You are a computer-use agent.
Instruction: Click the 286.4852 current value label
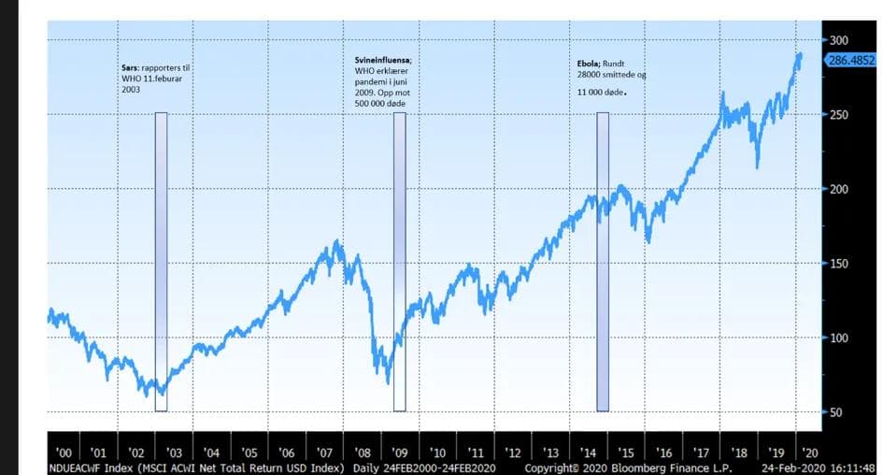pyautogui.click(x=852, y=59)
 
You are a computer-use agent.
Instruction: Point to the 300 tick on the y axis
pyautogui.click(x=837, y=40)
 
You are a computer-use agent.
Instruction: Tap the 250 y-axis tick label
pyautogui.click(x=837, y=114)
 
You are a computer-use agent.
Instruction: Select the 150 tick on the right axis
pyautogui.click(x=837, y=264)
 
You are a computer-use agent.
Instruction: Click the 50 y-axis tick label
pyautogui.click(x=834, y=412)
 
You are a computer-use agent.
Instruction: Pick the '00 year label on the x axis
pyautogui.click(x=64, y=452)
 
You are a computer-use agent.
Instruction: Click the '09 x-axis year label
pyautogui.click(x=400, y=452)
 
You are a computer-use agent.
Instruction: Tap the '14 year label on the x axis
pyautogui.click(x=590, y=452)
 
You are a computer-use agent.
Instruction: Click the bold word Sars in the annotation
pyautogui.click(x=131, y=68)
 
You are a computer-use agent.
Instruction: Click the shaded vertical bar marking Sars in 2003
pyautogui.click(x=161, y=262)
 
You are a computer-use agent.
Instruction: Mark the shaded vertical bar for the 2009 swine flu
pyautogui.click(x=400, y=262)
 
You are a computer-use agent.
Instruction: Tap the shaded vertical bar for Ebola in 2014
pyautogui.click(x=603, y=262)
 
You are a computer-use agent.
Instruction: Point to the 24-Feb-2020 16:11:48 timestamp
pyautogui.click(x=819, y=467)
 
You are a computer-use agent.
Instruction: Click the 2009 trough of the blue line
pyautogui.click(x=388, y=381)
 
